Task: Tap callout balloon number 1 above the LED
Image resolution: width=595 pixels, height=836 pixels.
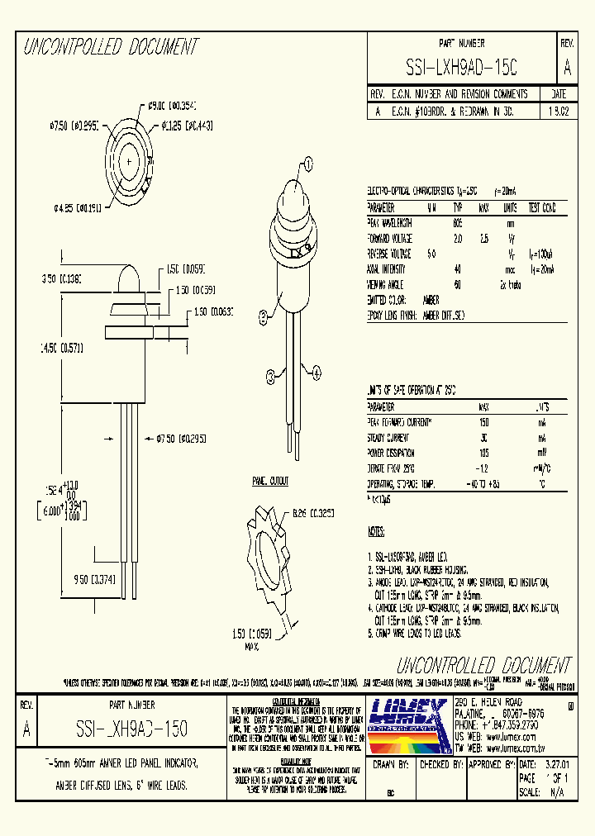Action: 307,164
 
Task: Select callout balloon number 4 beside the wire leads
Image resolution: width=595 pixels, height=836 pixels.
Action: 316,373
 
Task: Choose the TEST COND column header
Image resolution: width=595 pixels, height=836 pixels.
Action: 543,207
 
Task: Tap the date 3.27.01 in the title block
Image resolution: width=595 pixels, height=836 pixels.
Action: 559,765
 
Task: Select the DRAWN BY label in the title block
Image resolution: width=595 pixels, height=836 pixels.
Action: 389,765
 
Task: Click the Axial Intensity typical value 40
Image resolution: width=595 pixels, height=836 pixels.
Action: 457,268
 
